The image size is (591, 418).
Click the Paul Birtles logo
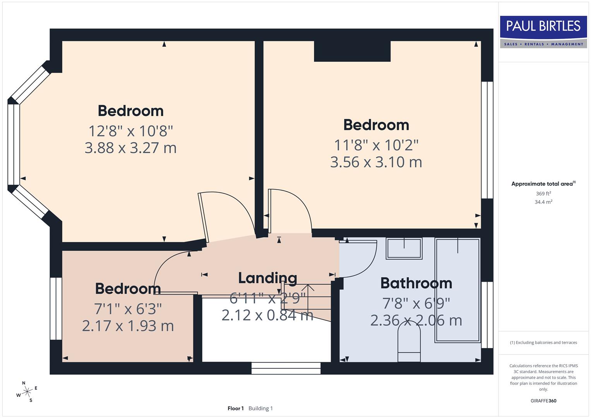pyautogui.click(x=543, y=31)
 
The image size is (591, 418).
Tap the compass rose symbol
pyautogui.click(x=27, y=392)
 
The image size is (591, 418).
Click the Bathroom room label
pyautogui.click(x=416, y=283)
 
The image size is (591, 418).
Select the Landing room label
pyautogui.click(x=267, y=278)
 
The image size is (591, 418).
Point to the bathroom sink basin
pyautogui.click(x=404, y=248)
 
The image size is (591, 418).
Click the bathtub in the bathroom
pyautogui.click(x=457, y=290)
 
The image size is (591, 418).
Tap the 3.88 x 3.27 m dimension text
pyautogui.click(x=130, y=148)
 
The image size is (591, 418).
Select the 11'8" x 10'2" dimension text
pyautogui.click(x=376, y=145)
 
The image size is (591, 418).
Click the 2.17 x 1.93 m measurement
pyautogui.click(x=128, y=326)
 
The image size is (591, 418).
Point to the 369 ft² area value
pyautogui.click(x=543, y=194)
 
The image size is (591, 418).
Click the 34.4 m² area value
pyautogui.click(x=543, y=202)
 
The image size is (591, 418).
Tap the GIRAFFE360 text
pyautogui.click(x=543, y=401)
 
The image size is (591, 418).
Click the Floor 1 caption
pyautogui.click(x=235, y=408)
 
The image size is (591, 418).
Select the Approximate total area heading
pyautogui.click(x=543, y=184)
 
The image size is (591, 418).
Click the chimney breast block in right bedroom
pyautogui.click(x=352, y=51)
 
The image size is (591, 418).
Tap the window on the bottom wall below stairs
pyautogui.click(x=286, y=368)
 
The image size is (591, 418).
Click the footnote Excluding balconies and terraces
pyautogui.click(x=543, y=343)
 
